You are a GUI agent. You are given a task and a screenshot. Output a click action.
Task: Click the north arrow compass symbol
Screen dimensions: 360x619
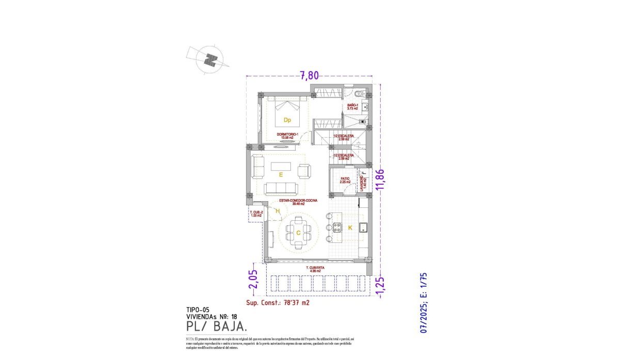(209, 60)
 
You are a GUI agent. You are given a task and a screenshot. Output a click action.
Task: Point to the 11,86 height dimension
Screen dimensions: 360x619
(381, 179)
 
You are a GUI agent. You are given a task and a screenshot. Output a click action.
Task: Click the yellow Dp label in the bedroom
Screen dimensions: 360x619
(287, 120)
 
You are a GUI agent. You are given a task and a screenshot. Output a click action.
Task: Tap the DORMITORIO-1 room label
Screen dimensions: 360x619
(288, 135)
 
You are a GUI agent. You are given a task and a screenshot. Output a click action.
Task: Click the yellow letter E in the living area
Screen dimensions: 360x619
(281, 175)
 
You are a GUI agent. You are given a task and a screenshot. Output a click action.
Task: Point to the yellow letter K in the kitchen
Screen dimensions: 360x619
(350, 227)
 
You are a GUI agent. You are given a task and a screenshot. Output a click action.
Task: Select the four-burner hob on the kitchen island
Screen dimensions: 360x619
(337, 227)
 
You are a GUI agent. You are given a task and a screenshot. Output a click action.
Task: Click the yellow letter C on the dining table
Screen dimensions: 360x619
(298, 233)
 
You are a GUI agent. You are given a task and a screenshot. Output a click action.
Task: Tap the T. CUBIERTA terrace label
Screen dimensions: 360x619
(315, 268)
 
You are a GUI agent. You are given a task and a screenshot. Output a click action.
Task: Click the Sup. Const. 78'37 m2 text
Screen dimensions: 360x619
(278, 303)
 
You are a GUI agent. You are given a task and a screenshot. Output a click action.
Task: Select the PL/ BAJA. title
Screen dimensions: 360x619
(216, 326)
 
